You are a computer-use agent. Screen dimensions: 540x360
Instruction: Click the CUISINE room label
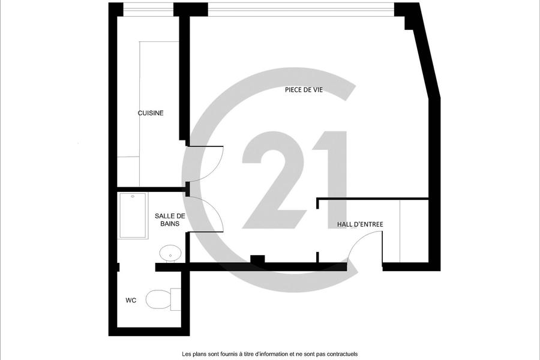tap(151, 113)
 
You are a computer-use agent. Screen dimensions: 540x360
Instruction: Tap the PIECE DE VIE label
tap(304, 90)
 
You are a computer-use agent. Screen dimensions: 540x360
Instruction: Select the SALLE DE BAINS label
tap(170, 220)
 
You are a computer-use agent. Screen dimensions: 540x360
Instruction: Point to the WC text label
tap(131, 301)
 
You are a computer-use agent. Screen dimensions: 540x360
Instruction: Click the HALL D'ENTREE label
tap(360, 224)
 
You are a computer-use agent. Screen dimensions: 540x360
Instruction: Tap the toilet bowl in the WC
tap(159, 299)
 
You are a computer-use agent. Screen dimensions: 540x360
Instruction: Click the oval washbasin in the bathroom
tap(170, 253)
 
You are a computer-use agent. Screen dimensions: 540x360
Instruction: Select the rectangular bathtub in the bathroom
tap(133, 215)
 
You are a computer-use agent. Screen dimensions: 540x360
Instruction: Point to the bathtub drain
tap(133, 197)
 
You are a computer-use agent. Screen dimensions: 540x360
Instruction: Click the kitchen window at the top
tap(148, 10)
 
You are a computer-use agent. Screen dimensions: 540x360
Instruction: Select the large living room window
tap(301, 10)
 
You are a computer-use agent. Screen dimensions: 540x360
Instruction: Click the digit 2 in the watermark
tap(274, 184)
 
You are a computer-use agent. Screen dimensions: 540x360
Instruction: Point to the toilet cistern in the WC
tap(176, 299)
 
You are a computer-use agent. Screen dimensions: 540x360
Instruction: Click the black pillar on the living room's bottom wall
tap(257, 259)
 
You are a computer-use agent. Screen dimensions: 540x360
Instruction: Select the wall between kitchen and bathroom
tap(152, 189)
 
